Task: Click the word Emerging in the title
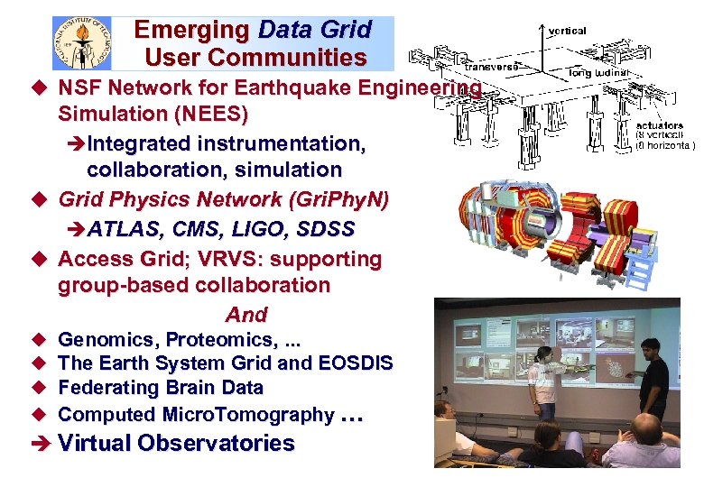coord(192,30)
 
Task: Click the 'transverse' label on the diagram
coord(492,66)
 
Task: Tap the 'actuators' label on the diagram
coord(660,125)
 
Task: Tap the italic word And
coord(246,315)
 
